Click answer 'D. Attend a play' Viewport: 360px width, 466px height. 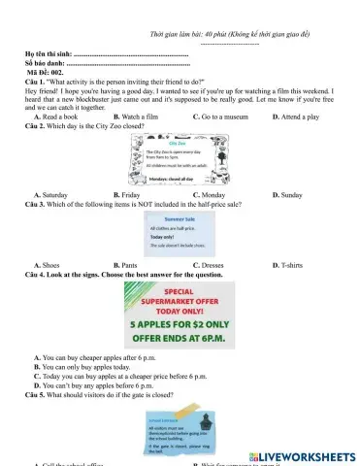click(296, 116)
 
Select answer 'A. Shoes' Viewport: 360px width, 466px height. click(48, 265)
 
